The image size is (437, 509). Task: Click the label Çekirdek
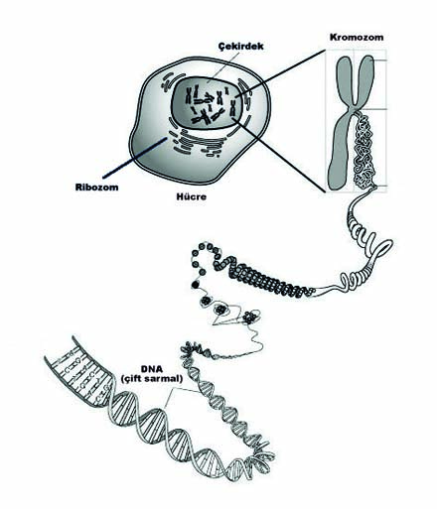pos(241,46)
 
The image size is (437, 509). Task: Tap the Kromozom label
pos(357,37)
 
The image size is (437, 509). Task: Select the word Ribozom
pos(96,188)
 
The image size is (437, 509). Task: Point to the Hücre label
pos(192,197)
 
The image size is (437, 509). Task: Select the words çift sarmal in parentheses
pos(152,379)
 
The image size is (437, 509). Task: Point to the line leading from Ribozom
pos(135,158)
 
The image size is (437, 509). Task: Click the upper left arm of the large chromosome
pos(345,79)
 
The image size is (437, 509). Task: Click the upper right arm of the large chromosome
pos(365,79)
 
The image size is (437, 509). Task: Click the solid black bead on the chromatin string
pos(196,285)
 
